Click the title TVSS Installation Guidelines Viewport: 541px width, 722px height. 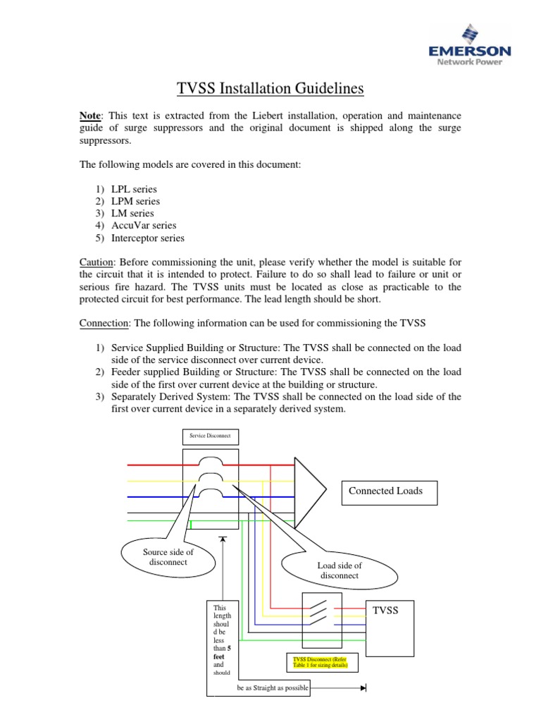(270, 89)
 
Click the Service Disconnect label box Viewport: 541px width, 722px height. (211, 435)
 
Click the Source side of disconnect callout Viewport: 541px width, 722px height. (168, 557)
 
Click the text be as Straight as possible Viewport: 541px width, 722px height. (273, 687)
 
